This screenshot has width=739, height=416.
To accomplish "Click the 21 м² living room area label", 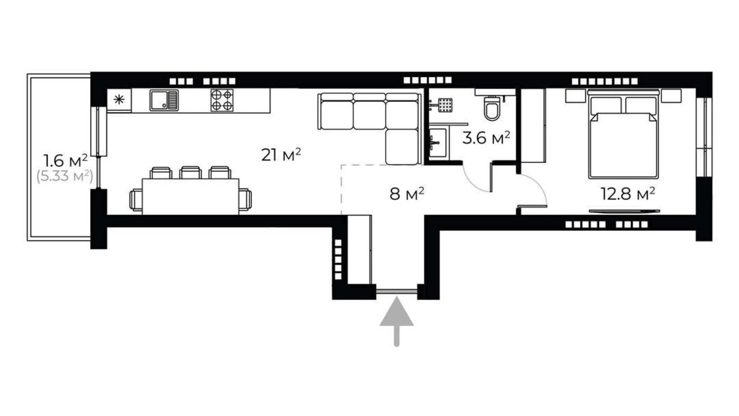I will (281, 155).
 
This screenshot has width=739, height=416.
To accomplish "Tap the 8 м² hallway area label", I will (406, 194).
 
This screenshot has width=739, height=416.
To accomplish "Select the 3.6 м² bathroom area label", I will (486, 138).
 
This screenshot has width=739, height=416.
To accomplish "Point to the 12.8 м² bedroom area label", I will (628, 194).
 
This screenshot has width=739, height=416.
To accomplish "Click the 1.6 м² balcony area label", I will (65, 161).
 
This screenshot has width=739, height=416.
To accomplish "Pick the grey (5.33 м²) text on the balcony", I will (65, 176).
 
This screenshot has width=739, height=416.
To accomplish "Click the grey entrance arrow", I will (396, 320).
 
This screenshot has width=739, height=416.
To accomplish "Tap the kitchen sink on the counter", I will (164, 100).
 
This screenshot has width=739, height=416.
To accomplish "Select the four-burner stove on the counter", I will (222, 100).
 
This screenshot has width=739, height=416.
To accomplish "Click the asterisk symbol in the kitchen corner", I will (119, 100).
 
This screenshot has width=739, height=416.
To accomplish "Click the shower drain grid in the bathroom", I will (445, 105).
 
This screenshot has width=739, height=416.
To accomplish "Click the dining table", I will (191, 196).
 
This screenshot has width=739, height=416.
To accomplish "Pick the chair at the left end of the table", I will (135, 199).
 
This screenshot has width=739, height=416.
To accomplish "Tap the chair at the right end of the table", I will (245, 199).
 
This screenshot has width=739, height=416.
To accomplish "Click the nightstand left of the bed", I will (575, 96).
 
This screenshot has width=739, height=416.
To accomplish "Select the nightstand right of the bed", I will (671, 96).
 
